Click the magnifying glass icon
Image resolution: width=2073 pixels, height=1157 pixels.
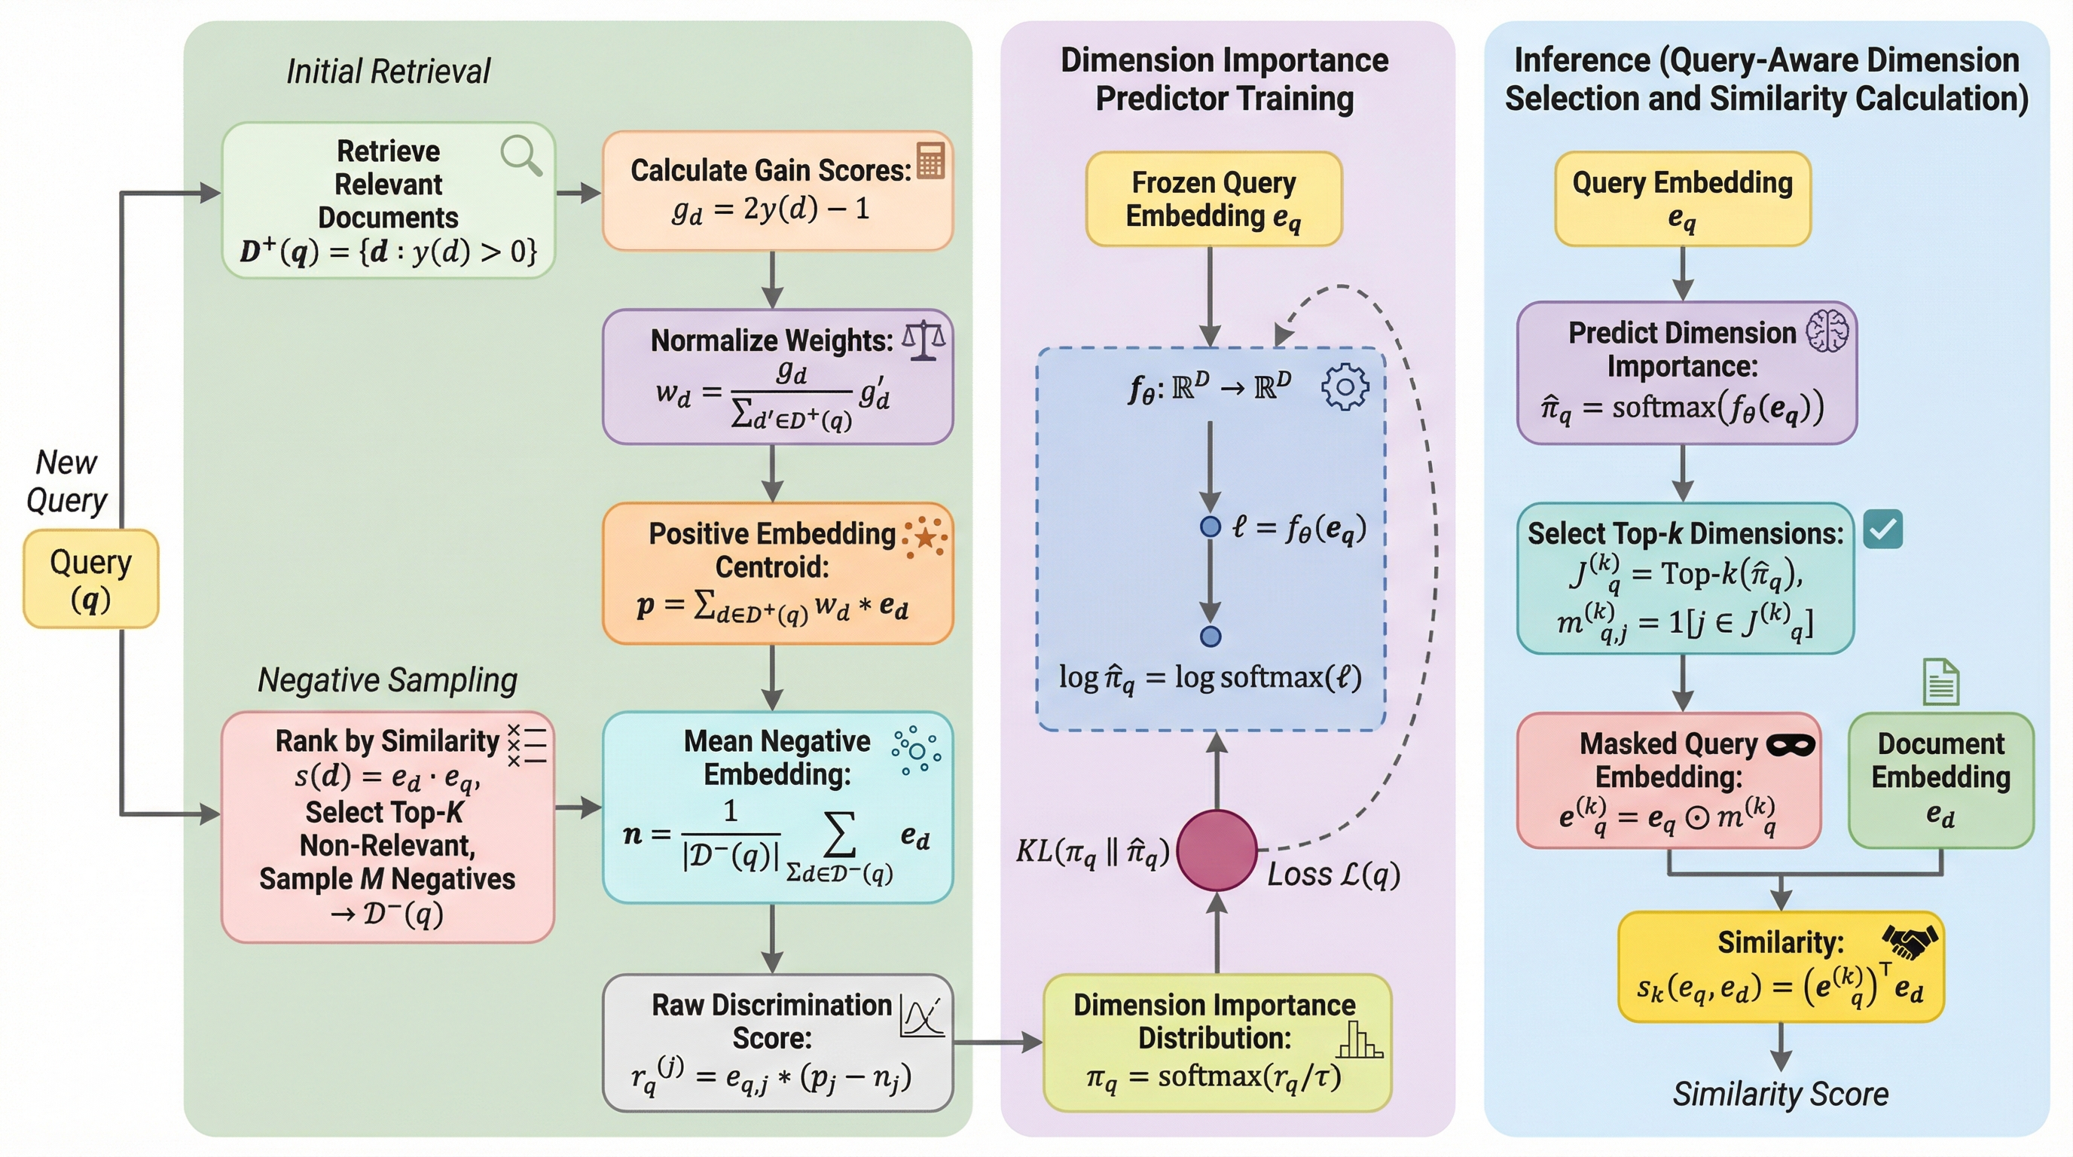pyautogui.click(x=521, y=154)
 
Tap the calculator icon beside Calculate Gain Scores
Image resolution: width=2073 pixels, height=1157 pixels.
pyautogui.click(x=930, y=160)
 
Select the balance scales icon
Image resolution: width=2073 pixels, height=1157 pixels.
pyautogui.click(x=923, y=340)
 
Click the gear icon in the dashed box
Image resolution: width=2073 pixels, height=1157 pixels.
pyautogui.click(x=1344, y=387)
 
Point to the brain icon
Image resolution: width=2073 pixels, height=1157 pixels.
pyautogui.click(x=1827, y=331)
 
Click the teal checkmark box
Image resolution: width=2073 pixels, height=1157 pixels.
pyautogui.click(x=1883, y=530)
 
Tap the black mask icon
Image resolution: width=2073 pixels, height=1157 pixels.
pyautogui.click(x=1790, y=746)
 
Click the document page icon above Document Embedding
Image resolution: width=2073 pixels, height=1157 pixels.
pyautogui.click(x=1940, y=682)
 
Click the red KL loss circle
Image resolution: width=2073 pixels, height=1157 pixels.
pyautogui.click(x=1217, y=850)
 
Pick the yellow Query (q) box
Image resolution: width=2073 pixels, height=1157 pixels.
pyautogui.click(x=91, y=578)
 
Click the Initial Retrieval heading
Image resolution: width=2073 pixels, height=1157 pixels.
pyautogui.click(x=389, y=72)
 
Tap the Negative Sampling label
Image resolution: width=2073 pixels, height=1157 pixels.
pyautogui.click(x=387, y=681)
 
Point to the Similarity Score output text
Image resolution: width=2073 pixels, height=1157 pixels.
pyautogui.click(x=1780, y=1094)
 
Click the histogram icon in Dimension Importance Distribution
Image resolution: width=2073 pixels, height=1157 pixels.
pyautogui.click(x=1358, y=1039)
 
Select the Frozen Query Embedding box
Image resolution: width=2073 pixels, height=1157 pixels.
pyautogui.click(x=1214, y=199)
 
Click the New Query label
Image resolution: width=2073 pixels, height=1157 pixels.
pyautogui.click(x=66, y=481)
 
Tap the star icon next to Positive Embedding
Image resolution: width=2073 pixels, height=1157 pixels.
pyautogui.click(x=925, y=536)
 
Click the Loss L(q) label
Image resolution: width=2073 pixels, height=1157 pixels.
pyautogui.click(x=1333, y=875)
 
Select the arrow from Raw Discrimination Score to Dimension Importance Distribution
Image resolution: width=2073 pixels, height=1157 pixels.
pyautogui.click(x=998, y=1043)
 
